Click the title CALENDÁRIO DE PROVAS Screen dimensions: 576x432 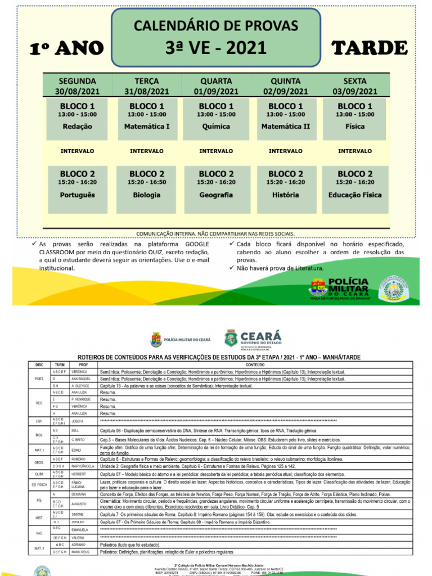pyautogui.click(x=216, y=26)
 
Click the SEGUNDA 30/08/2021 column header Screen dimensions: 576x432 pyautogui.click(x=77, y=86)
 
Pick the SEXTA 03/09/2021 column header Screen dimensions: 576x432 pyautogui.click(x=354, y=86)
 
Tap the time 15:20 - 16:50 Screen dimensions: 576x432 pyautogui.click(x=146, y=182)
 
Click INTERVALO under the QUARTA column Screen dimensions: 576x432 pyautogui.click(x=216, y=151)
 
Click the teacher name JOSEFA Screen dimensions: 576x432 pyautogui.click(x=78, y=421)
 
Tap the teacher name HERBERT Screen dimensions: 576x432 pyautogui.click(x=79, y=474)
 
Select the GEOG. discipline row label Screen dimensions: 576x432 pyautogui.click(x=39, y=462)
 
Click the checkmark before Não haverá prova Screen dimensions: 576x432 pyautogui.click(x=232, y=268)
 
